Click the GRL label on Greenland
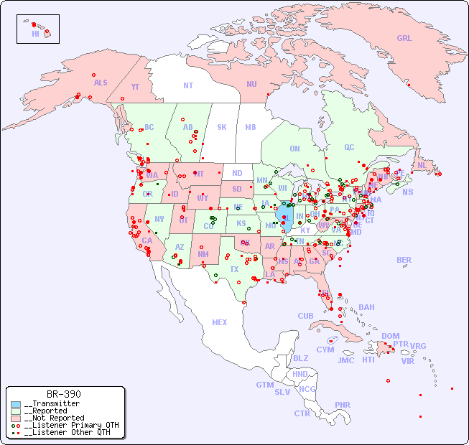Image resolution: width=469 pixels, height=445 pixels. coord(404,39)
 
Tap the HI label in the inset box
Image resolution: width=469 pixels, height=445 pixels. coord(35,34)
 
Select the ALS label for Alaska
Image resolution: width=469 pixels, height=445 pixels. coord(101,83)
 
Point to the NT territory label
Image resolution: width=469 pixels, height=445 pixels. coord(187,85)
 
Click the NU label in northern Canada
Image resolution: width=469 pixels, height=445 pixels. coord(251,84)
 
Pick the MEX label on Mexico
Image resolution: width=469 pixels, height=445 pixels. coord(220,322)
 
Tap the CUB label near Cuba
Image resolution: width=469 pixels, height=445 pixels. coord(306,316)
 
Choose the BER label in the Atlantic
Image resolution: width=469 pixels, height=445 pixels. coord(404,260)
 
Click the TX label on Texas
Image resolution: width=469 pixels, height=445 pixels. coord(234,269)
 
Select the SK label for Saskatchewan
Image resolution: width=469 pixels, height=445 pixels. coord(222,127)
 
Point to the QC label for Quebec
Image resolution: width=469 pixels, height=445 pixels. coord(349,147)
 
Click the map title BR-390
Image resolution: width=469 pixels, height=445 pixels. coord(64,394)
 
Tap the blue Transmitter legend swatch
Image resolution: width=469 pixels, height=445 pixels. coord(16,404)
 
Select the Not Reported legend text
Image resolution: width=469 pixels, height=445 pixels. coord(54,418)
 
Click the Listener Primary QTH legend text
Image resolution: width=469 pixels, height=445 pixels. coord(71,425)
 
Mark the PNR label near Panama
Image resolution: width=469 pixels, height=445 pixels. coord(343,405)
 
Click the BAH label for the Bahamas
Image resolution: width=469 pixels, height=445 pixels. coord(366,307)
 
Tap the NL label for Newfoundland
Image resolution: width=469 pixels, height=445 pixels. coord(422,165)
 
